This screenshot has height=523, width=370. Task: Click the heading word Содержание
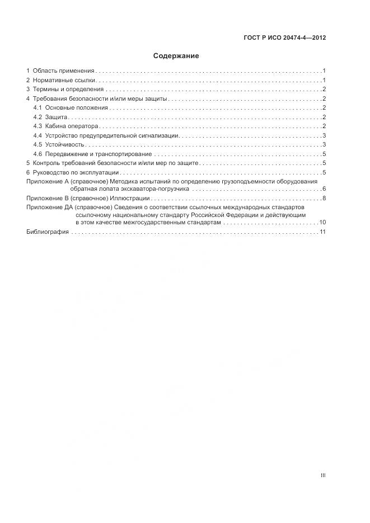(176, 56)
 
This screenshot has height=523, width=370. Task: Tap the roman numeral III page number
(323, 475)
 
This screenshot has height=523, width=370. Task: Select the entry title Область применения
(63, 71)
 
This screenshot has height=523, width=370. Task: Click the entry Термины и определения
(68, 89)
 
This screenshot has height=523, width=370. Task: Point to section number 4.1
(38, 108)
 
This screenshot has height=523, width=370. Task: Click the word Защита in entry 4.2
(57, 117)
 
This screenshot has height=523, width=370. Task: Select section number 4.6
(38, 154)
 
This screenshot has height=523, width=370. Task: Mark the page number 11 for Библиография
(322, 232)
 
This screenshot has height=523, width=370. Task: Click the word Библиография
(48, 232)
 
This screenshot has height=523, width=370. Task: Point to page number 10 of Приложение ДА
(322, 223)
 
